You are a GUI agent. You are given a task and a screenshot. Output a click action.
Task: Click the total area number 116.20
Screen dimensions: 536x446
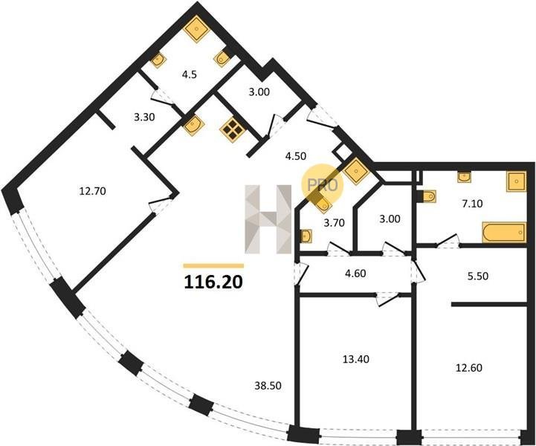213,282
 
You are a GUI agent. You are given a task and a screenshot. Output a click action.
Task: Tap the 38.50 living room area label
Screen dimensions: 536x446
268,386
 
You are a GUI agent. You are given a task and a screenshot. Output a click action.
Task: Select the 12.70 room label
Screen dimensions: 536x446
92,191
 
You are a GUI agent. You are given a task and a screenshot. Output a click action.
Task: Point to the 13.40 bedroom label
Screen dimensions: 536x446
356,359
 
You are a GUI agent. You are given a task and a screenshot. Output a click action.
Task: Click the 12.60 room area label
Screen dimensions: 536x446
469,368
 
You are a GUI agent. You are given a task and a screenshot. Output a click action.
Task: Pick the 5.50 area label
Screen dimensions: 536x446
477,276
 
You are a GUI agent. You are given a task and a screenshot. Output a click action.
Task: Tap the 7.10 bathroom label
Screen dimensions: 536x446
472,204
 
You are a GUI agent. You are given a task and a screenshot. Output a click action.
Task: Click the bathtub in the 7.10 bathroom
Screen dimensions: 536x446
504,233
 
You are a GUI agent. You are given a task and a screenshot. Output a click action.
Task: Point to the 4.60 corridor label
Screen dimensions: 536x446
355,274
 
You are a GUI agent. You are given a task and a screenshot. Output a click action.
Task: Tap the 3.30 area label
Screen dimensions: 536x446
144,117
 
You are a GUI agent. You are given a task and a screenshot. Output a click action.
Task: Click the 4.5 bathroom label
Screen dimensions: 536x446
190,75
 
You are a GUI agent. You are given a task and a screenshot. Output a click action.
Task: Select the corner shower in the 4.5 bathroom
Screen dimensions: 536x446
196,29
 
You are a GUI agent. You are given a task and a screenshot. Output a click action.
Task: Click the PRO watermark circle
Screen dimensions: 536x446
322,184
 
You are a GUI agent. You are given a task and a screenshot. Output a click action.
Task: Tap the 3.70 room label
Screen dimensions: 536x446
334,223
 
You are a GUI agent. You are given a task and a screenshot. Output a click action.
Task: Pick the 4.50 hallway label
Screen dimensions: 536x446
296,156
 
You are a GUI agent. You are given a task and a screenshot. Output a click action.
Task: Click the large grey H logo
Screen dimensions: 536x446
268,219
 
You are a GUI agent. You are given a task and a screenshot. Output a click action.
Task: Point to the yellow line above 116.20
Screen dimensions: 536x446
213,265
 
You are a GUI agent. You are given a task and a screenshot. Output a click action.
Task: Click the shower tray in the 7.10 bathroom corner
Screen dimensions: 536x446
516,182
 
